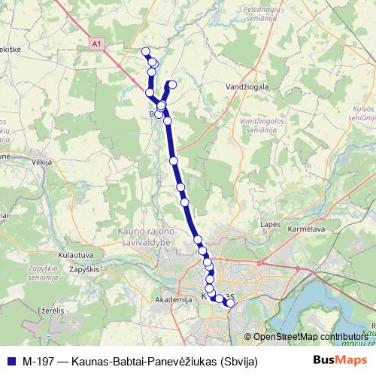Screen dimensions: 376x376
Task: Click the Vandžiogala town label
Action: pos(247,87)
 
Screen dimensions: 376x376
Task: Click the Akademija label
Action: pos(169,299)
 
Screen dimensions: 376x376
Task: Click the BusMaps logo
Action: pos(335,361)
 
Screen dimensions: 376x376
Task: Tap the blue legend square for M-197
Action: pos(10,361)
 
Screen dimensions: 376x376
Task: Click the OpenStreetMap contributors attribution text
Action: pos(310,337)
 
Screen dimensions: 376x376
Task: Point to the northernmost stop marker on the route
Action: pos(146,51)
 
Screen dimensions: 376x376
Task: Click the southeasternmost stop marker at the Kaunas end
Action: pos(231,303)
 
